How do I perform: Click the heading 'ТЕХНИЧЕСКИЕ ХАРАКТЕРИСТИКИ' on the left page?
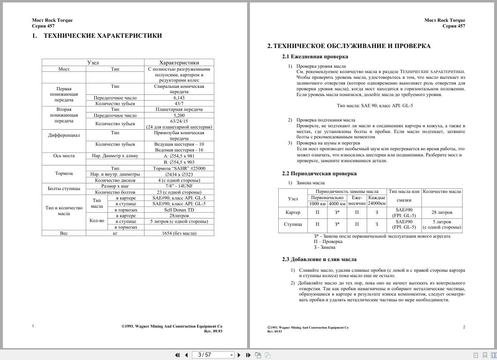coord(103,36)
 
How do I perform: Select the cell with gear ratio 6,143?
coord(179,98)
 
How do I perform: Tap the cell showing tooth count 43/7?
coord(179,103)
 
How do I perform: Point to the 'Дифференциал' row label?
coord(64,135)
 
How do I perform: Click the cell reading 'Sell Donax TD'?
coord(179,210)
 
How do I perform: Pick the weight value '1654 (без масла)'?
coord(179,233)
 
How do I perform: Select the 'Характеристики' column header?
coord(179,63)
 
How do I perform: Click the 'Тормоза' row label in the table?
coord(64,173)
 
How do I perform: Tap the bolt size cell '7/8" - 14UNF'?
coord(179,186)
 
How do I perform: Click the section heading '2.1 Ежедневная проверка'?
coord(315,57)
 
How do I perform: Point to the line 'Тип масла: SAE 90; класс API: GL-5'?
coord(375,105)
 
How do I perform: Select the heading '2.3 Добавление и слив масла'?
coord(319,259)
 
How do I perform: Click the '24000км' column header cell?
coord(377,203)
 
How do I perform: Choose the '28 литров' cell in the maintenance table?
coord(442,212)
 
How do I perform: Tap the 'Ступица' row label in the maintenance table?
coord(293,224)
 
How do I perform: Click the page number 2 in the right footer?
coord(464,327)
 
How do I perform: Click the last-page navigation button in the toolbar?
coord(248,355)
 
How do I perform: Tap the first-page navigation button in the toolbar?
coord(177,355)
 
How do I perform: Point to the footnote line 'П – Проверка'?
coord(325,242)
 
